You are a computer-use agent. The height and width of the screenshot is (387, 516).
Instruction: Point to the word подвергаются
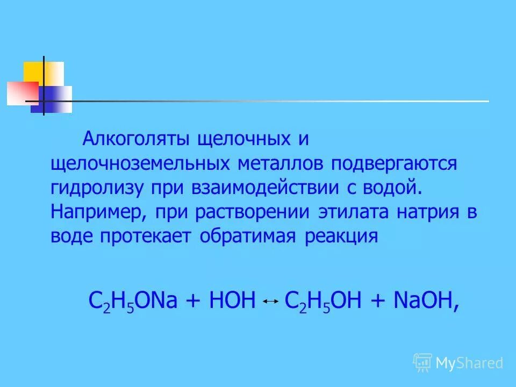pos(393,164)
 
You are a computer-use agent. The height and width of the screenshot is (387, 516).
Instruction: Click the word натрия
pos(426,212)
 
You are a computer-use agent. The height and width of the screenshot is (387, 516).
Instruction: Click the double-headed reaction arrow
pos(270,303)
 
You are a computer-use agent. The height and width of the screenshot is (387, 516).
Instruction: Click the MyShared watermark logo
pos(458,363)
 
